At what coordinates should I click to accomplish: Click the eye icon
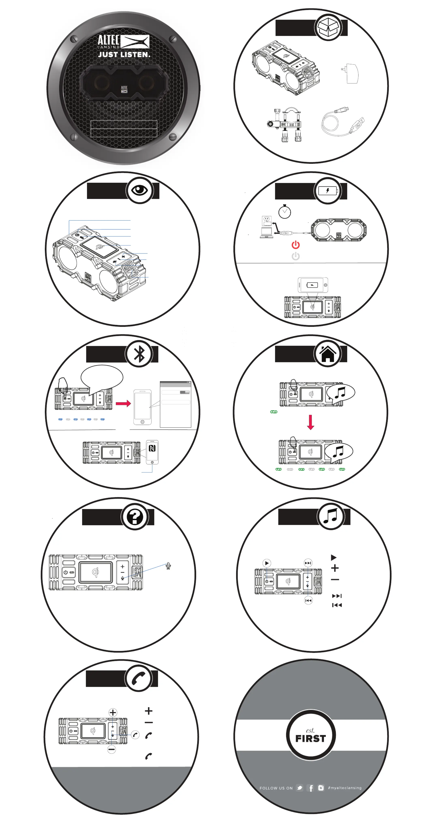pos(140,190)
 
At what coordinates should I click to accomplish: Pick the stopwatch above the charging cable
pos(285,212)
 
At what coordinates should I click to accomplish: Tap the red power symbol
pos(295,245)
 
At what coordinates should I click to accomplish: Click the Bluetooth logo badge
pos(139,354)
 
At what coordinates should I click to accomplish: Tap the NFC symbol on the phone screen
pos(152,448)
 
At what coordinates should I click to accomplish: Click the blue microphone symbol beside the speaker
pos(168,566)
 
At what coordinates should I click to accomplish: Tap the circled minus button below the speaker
pos(111,749)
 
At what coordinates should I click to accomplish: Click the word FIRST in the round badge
pos(310,739)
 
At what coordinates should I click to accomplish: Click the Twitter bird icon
pos(300,788)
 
